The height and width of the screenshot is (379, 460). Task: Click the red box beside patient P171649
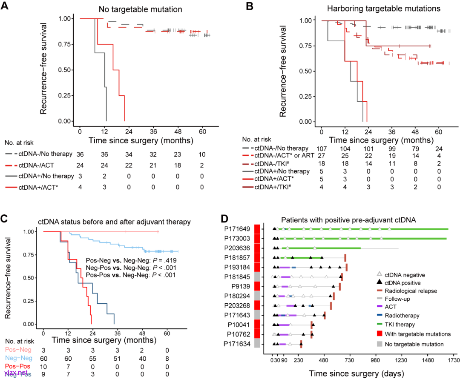click(x=257, y=229)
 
